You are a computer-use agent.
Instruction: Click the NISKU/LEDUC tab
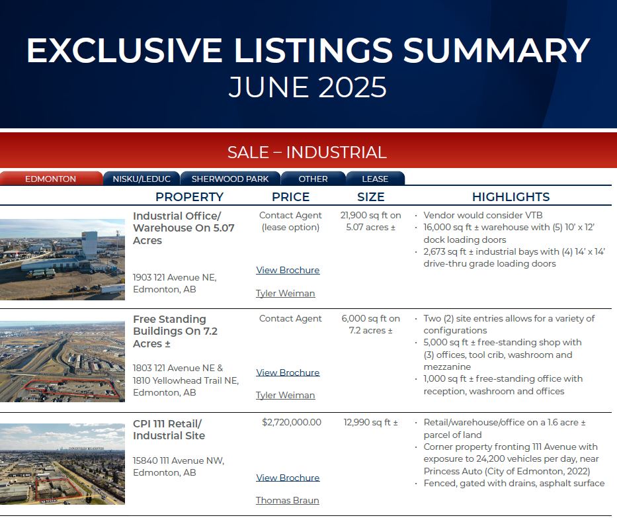[142, 179]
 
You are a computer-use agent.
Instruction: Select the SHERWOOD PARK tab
[230, 179]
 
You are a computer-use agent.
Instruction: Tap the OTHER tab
[313, 179]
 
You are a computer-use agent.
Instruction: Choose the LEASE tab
[375, 179]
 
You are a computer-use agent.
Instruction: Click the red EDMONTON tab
[51, 179]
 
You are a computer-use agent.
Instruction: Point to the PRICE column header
[291, 196]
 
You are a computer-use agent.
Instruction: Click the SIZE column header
[371, 196]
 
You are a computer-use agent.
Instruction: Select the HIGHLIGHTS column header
[511, 196]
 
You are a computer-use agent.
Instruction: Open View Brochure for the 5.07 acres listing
[288, 270]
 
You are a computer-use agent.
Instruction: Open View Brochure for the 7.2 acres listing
[288, 372]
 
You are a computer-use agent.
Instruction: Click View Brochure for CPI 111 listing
[288, 478]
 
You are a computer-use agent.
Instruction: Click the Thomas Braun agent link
[287, 500]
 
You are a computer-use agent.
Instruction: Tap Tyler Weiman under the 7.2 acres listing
[285, 395]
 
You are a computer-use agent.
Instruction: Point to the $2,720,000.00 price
[292, 422]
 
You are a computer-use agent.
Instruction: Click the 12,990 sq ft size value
[371, 422]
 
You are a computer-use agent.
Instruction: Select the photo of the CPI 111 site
[62, 464]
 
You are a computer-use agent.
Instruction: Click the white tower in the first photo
[90, 245]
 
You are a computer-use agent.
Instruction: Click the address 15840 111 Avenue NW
[179, 460]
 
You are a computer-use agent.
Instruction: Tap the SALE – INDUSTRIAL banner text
[307, 152]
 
